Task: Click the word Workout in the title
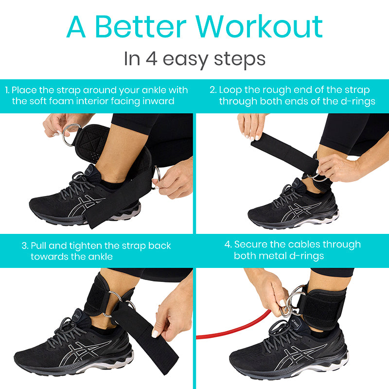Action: tap(259, 26)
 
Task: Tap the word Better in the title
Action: tap(141, 26)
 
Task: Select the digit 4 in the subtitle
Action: tap(151, 58)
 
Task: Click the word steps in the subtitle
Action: tap(240, 59)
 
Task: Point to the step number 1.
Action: tap(7, 90)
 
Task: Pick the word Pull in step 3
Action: tap(38, 246)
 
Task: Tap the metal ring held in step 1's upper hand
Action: tap(70, 135)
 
